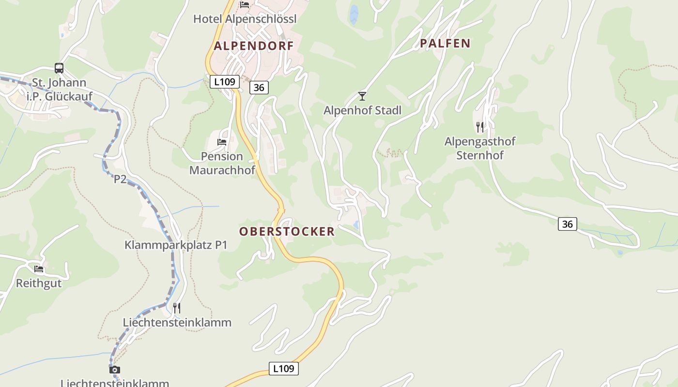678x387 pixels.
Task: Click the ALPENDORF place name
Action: pos(254,46)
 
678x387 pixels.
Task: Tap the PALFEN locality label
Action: pos(445,43)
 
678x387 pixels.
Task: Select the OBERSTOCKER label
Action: pos(287,231)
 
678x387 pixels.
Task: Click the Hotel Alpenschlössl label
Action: pos(245,19)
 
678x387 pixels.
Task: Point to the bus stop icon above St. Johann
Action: pos(59,68)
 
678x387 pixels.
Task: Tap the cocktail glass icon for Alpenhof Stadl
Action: pos(362,96)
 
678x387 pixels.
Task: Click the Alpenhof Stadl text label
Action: pos(362,110)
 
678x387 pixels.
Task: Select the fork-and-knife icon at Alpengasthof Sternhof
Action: pos(480,127)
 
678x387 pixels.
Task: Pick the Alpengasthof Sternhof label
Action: pos(480,148)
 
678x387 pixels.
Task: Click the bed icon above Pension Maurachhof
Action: pos(222,142)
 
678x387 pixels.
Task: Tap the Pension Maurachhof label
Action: pos(222,163)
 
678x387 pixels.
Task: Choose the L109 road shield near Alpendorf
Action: pos(225,81)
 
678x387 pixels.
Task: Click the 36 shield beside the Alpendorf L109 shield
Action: pos(259,87)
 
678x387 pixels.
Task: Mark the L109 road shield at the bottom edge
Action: pos(283,368)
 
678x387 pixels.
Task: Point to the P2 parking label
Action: pos(120,179)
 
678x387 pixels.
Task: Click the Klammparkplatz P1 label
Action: pos(176,245)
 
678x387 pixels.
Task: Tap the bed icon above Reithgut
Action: pos(39,269)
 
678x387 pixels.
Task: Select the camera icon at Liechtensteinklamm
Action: pos(115,370)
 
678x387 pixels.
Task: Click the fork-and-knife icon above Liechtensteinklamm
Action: pos(177,308)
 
